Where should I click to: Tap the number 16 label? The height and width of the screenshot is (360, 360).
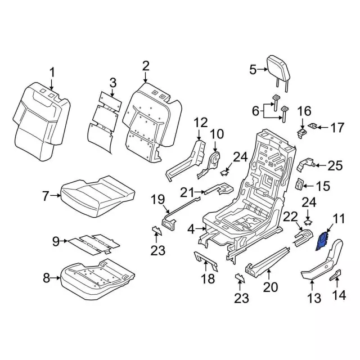click(304, 110)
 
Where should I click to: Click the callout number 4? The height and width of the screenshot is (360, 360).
click(191, 228)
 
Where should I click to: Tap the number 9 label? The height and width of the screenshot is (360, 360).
click(55, 242)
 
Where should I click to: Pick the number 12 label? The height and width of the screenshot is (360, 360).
click(201, 121)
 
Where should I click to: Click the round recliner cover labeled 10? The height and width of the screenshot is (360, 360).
click(214, 160)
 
